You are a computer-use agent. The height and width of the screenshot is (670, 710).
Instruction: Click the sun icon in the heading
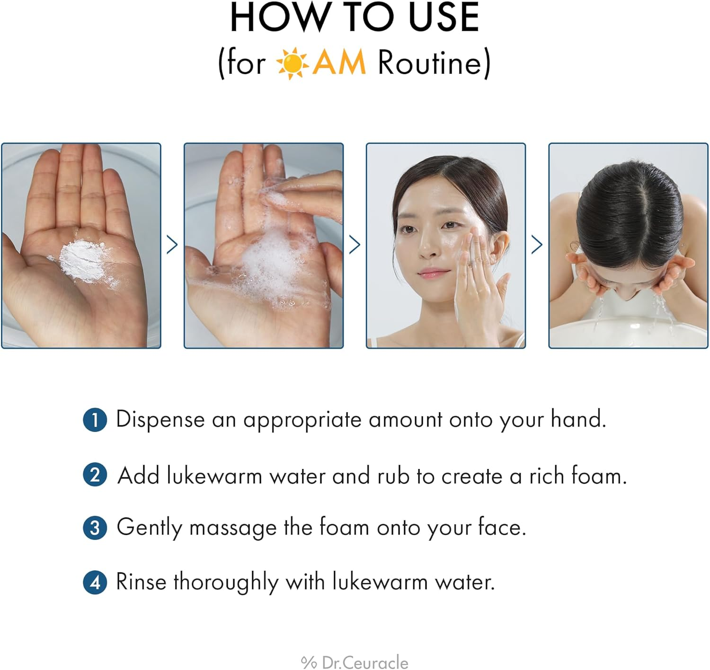292,63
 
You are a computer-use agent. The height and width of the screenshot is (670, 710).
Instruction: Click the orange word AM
339,63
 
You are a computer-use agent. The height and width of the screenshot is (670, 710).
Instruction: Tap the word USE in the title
444,18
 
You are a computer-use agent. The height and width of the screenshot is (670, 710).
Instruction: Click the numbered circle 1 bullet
95,420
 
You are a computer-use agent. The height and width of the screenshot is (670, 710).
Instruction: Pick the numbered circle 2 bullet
95,475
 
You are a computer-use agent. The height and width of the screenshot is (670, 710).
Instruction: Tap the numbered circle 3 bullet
95,528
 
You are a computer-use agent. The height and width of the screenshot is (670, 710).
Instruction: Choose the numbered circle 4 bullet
95,582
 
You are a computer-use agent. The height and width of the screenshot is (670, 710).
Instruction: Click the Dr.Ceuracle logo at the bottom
355,662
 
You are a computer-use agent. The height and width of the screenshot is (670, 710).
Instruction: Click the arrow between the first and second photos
172,245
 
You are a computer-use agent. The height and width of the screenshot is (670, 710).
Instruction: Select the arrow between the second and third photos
355,245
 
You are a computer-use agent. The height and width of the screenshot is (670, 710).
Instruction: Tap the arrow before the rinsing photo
537,245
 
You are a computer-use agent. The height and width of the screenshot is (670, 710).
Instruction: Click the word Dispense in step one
160,420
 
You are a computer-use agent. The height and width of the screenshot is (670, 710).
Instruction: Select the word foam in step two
598,476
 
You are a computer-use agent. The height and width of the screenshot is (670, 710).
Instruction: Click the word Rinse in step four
141,582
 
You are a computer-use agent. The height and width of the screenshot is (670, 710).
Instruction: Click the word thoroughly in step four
226,582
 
